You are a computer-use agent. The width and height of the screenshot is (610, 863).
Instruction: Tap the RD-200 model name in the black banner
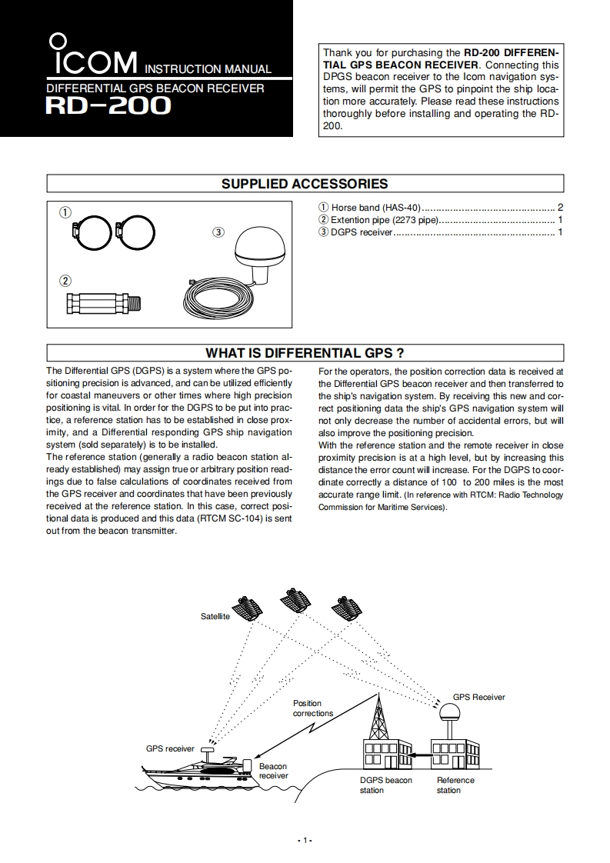pyautogui.click(x=108, y=105)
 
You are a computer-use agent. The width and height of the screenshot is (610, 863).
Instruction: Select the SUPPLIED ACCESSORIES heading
pyautogui.click(x=305, y=184)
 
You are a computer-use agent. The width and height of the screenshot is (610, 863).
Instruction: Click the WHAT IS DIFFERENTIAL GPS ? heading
pyautogui.click(x=305, y=353)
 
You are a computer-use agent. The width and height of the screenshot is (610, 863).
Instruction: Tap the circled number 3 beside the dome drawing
pyautogui.click(x=218, y=232)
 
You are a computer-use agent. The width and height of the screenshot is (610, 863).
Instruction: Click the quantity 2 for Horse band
pyautogui.click(x=561, y=208)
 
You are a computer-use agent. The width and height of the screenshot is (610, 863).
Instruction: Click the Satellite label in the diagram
pyautogui.click(x=215, y=617)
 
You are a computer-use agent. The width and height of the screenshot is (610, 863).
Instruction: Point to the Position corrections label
pyautogui.click(x=312, y=708)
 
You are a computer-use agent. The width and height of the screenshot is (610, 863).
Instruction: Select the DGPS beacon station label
pyautogui.click(x=385, y=785)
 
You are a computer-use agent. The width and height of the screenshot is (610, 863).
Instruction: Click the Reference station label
pyautogui.click(x=455, y=785)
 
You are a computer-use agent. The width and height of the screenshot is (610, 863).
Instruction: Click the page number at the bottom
pyautogui.click(x=305, y=840)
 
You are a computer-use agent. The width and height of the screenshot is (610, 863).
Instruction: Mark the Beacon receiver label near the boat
pyautogui.click(x=273, y=771)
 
